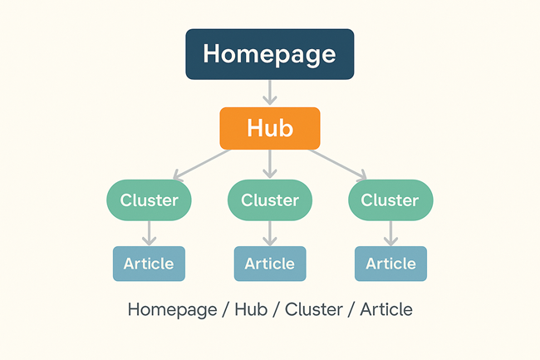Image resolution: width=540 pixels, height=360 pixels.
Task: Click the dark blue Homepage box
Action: click(270, 54)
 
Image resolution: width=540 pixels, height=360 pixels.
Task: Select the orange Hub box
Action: click(269, 128)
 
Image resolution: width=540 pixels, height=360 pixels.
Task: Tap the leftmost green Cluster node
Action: click(149, 200)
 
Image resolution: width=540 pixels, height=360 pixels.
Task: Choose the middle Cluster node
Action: click(270, 200)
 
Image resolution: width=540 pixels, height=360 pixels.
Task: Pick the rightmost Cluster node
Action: click(390, 200)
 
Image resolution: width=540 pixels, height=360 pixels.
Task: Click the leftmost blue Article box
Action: click(149, 264)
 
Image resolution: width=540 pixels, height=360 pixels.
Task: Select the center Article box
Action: click(270, 264)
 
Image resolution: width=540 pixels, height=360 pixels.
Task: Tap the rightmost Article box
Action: click(390, 264)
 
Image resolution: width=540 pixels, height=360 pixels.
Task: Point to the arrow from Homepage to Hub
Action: click(270, 92)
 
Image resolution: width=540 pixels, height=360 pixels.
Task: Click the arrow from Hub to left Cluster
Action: click(201, 164)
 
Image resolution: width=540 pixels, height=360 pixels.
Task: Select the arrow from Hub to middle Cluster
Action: click(269, 164)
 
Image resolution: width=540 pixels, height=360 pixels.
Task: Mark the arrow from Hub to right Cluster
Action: click(337, 164)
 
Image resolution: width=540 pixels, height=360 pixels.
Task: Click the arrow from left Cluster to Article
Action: click(149, 233)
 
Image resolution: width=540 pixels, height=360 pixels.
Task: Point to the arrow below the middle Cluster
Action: click(270, 233)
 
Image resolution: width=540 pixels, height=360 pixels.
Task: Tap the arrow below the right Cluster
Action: click(390, 233)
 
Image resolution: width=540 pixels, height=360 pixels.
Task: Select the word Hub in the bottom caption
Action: click(251, 310)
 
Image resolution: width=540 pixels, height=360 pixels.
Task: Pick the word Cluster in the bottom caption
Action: click(313, 310)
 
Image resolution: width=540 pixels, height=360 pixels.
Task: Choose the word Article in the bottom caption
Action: click(385, 310)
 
